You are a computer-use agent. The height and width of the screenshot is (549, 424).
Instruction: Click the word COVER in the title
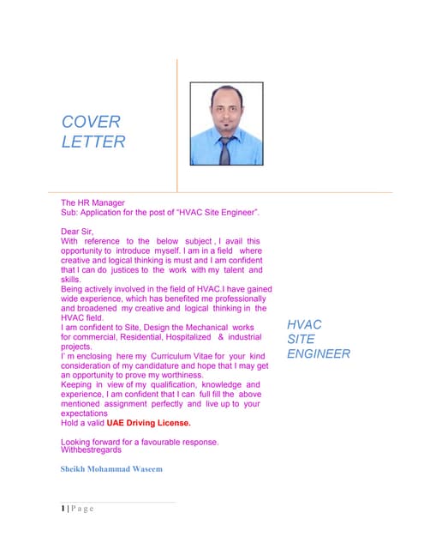click(x=91, y=122)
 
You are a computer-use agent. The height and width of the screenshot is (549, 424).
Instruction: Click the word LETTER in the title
click(x=93, y=142)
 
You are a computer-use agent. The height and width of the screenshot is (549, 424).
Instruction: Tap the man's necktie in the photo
click(x=224, y=149)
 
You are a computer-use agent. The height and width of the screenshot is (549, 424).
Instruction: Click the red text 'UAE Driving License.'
click(x=148, y=423)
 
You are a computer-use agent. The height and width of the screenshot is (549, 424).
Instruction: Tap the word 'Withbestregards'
click(x=91, y=449)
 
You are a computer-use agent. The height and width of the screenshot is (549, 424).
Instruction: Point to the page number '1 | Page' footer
click(x=76, y=509)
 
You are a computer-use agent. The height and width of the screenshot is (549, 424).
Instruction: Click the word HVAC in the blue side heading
click(x=304, y=324)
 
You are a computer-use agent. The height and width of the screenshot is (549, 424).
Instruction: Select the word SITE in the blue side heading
click(x=301, y=340)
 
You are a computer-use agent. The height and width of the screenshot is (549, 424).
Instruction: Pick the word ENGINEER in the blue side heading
click(x=319, y=354)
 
